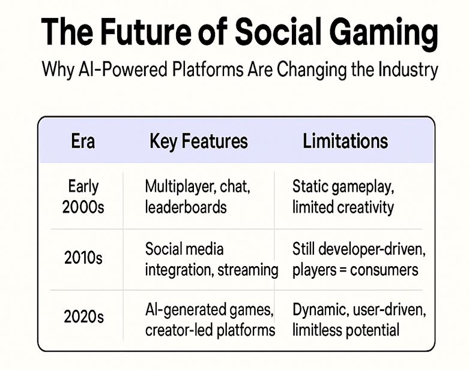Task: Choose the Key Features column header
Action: (198, 141)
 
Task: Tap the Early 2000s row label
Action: (83, 196)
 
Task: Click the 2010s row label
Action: (83, 258)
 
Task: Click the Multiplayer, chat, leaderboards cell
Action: (198, 196)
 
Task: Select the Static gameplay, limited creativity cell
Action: (343, 196)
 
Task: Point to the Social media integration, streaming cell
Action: (211, 259)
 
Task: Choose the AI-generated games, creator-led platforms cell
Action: (210, 320)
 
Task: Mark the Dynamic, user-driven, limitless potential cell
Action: (359, 320)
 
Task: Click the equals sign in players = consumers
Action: (345, 270)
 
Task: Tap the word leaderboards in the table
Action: (186, 207)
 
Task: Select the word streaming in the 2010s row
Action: (249, 270)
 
